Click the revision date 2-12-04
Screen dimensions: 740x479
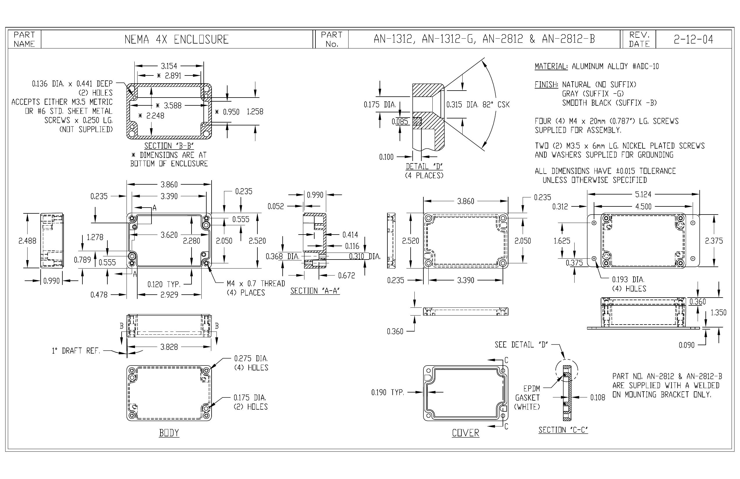click(693, 39)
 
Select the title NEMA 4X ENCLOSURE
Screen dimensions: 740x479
click(177, 39)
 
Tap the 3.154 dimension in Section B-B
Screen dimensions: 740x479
click(169, 66)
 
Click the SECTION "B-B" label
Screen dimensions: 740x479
click(169, 146)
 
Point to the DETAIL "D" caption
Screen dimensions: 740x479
click(424, 166)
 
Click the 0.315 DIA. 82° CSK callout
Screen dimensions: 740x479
click(478, 105)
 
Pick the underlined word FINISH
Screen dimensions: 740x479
click(546, 84)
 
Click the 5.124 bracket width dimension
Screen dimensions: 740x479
click(643, 195)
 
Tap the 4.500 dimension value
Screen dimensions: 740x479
click(643, 206)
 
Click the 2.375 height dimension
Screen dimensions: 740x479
click(714, 241)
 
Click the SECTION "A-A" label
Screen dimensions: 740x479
click(315, 291)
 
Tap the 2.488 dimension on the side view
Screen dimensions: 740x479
click(27, 241)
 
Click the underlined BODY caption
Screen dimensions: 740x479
click(169, 433)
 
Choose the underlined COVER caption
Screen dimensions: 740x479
click(465, 433)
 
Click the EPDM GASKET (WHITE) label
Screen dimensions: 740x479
click(527, 397)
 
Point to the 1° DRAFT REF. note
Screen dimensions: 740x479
click(76, 351)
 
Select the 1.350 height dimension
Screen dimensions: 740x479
click(719, 312)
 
